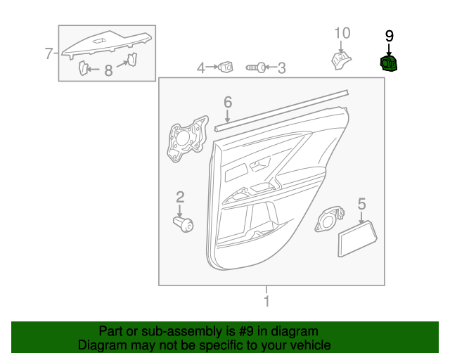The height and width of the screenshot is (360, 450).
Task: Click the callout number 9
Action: point(389,36)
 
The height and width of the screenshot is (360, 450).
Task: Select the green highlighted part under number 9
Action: point(388,65)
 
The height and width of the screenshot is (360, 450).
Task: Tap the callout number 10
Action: point(341,33)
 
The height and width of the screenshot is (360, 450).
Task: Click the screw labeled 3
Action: point(255,68)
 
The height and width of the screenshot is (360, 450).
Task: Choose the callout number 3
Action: point(281,68)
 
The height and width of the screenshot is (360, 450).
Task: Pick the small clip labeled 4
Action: point(226,67)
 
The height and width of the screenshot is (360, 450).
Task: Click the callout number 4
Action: point(200,68)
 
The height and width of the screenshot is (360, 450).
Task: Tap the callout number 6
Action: point(227,103)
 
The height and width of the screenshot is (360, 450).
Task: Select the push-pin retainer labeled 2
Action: point(184,224)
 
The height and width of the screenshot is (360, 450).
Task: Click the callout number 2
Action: point(180,196)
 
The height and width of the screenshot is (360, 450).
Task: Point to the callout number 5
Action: point(361,204)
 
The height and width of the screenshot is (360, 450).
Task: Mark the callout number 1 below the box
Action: point(266,302)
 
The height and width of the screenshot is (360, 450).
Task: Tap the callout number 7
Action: point(49,53)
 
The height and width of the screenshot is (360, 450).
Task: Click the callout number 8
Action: point(108,70)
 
